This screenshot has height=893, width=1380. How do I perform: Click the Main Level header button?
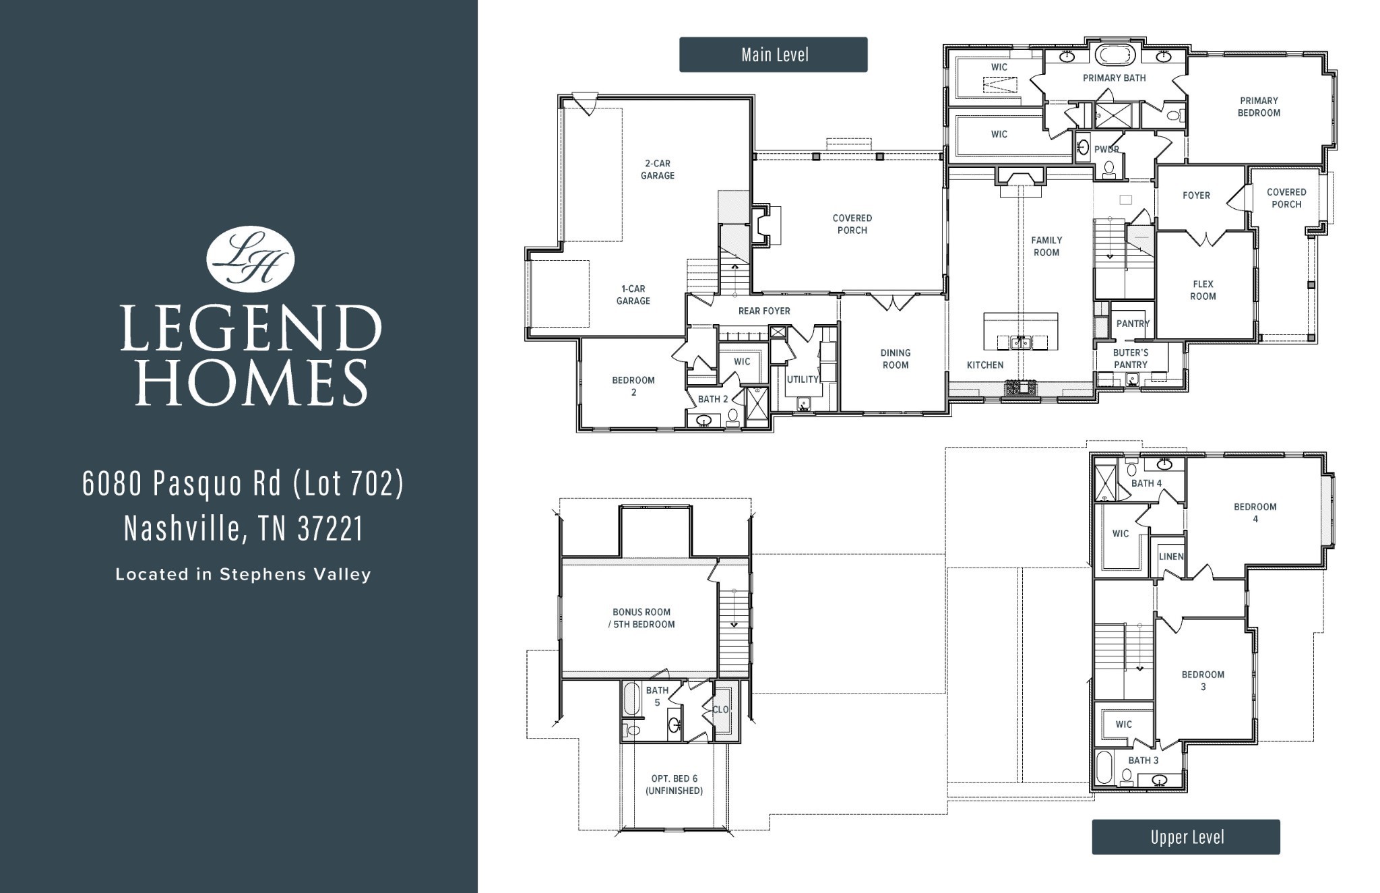773,55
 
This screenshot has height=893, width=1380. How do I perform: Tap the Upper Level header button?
1185,837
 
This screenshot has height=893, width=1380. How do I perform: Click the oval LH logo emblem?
250,259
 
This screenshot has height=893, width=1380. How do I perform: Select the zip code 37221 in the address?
330,529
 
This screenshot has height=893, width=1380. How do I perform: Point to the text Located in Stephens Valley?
243,575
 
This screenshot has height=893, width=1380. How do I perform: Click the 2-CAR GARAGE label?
657,169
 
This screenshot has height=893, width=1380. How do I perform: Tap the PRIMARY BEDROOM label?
1258,106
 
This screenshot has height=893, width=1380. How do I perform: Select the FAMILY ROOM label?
1046,246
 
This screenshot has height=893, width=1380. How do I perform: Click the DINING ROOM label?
895,359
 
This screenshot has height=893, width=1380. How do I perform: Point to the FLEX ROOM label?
1202,290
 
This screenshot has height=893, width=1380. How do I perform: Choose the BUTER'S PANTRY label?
1130,359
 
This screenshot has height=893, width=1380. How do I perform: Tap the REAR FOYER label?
763,311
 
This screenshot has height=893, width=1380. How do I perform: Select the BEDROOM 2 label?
633,386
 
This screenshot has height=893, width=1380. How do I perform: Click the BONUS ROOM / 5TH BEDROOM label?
641,618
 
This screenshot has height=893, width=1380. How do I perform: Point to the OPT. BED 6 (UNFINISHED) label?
674,784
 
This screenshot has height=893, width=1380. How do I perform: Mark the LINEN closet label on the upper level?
1170,557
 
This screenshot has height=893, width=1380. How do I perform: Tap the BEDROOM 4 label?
1255,512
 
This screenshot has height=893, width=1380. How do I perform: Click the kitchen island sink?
1021,342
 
